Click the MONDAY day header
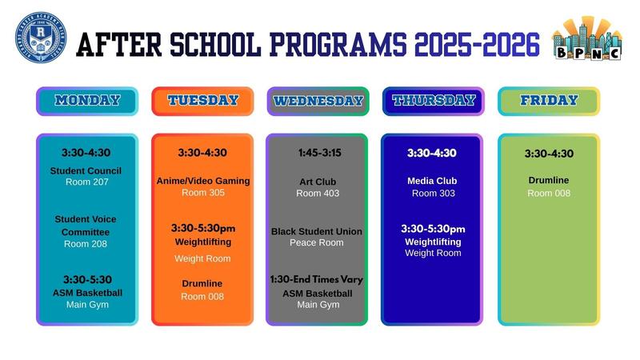[87, 101]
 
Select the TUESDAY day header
[202, 101]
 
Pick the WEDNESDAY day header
[318, 101]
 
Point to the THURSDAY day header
[433, 101]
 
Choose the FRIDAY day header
[549, 101]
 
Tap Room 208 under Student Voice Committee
[85, 244]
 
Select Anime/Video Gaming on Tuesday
[203, 181]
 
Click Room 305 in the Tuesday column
[203, 193]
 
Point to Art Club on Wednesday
[318, 182]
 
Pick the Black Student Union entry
[317, 231]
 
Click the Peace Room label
[317, 242]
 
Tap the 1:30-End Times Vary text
[318, 280]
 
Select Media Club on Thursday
[432, 181]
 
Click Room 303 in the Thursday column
[433, 193]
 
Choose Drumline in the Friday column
[549, 181]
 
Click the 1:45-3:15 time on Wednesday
[318, 153]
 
